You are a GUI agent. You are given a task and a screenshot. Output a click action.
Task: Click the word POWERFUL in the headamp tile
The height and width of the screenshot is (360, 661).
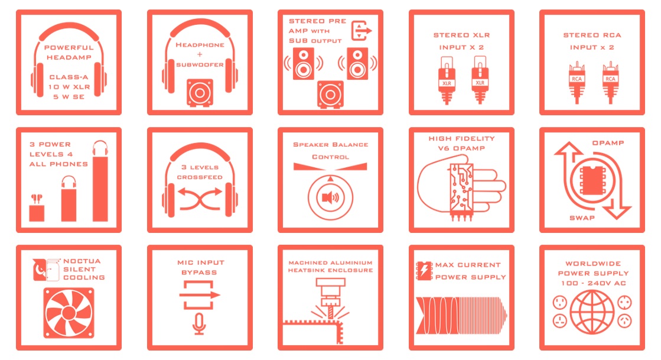click(69, 48)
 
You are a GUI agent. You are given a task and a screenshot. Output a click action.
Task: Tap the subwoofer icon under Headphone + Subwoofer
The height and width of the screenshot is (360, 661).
click(200, 92)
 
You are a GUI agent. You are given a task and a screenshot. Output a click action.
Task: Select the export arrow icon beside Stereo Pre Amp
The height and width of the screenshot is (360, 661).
click(361, 31)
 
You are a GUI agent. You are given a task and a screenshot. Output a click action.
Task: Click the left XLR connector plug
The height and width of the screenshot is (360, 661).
click(447, 80)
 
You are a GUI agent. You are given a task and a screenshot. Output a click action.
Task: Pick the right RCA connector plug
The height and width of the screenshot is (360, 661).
click(610, 82)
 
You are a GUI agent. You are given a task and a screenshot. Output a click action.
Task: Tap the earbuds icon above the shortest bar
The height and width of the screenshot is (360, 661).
click(37, 199)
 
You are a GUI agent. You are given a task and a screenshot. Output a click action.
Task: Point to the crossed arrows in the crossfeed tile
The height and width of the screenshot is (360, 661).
click(200, 199)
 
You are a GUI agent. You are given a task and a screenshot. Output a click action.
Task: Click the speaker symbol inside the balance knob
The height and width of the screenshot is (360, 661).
click(330, 197)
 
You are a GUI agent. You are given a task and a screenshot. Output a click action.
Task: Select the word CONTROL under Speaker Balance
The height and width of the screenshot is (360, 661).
click(331, 157)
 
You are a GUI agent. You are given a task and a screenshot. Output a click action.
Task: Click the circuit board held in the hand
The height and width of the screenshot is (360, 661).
click(461, 188)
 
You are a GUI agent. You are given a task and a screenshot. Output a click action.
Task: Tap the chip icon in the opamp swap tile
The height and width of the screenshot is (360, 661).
click(592, 180)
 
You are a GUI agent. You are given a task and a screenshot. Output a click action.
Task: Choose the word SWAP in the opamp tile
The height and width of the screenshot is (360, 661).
click(582, 218)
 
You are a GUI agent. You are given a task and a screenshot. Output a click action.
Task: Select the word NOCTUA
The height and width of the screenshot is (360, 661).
click(82, 261)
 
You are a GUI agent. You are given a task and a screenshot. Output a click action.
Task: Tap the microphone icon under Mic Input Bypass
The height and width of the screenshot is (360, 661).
click(200, 324)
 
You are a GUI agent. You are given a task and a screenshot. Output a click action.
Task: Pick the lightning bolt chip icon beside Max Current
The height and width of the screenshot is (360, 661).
click(424, 271)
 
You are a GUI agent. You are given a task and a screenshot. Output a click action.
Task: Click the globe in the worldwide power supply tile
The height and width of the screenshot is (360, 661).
click(592, 312)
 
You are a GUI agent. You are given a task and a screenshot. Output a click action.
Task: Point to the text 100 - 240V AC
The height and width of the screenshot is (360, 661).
click(593, 283)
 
